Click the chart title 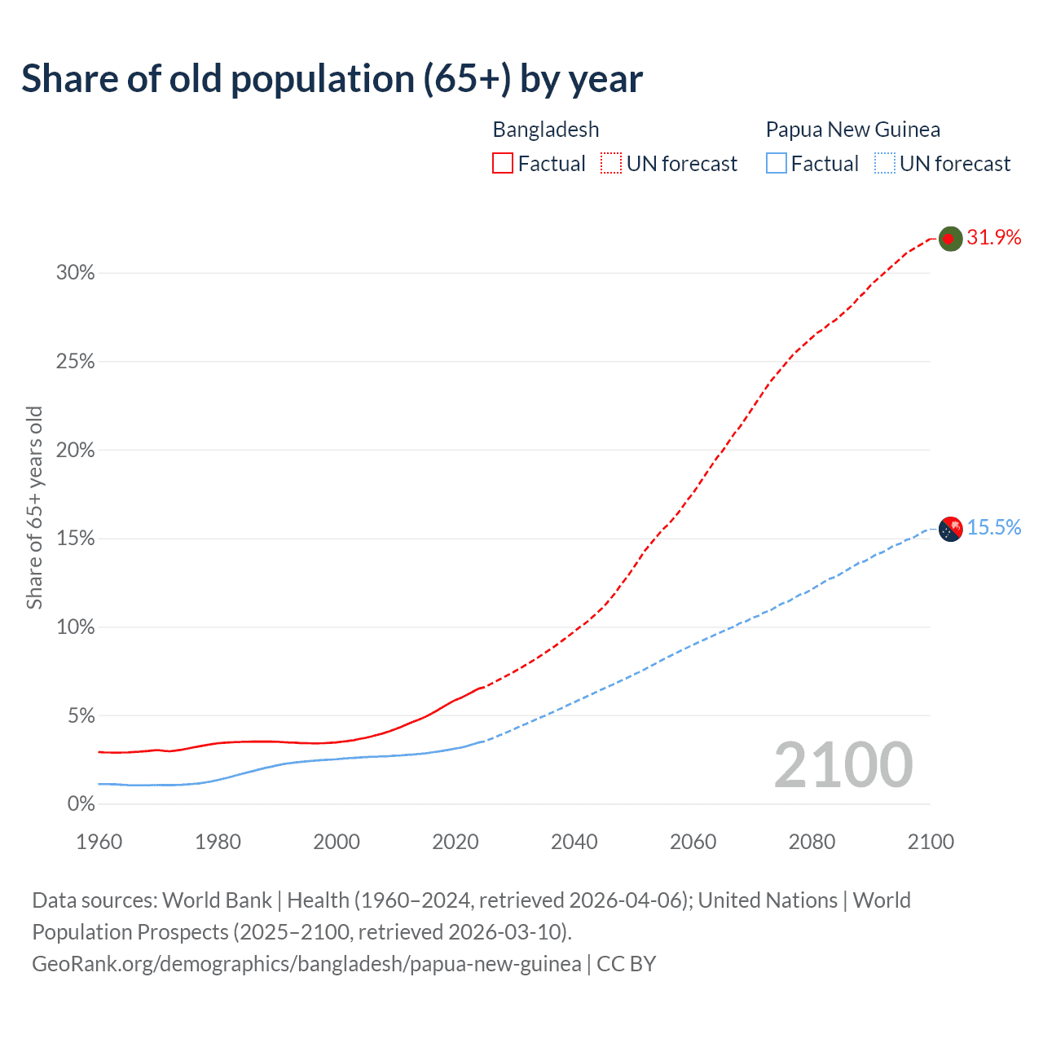332,79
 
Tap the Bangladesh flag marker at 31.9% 950,239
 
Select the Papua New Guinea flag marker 950,529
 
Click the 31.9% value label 994,237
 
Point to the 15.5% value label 994,528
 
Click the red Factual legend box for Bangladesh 502,164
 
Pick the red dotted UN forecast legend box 611,164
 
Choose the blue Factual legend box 776,164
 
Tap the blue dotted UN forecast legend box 884,164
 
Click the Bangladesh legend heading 546,130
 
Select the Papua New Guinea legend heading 852,130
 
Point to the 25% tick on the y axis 76,362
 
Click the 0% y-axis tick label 81,804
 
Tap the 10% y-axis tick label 76,627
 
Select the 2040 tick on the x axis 574,842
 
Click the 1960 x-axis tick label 99,842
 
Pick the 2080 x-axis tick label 812,842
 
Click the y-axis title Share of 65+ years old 34,507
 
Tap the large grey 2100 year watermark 843,765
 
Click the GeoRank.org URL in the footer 306,964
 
